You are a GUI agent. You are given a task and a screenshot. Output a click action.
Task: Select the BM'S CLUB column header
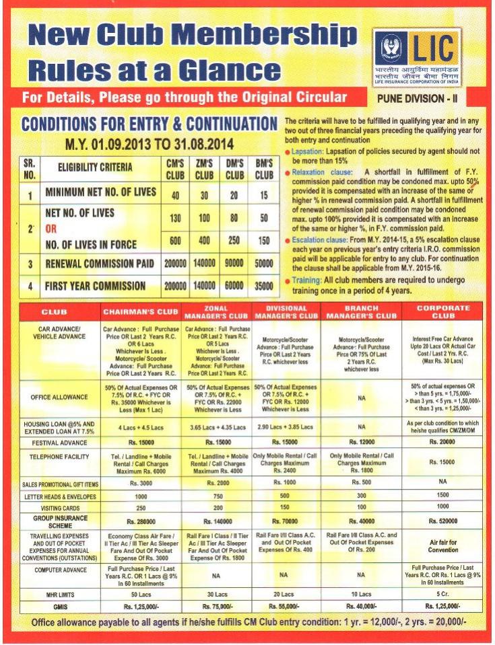pyautogui.click(x=263, y=169)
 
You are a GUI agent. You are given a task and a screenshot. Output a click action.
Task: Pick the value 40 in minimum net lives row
pyautogui.click(x=175, y=195)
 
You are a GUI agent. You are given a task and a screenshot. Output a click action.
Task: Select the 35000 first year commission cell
pyautogui.click(x=263, y=286)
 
